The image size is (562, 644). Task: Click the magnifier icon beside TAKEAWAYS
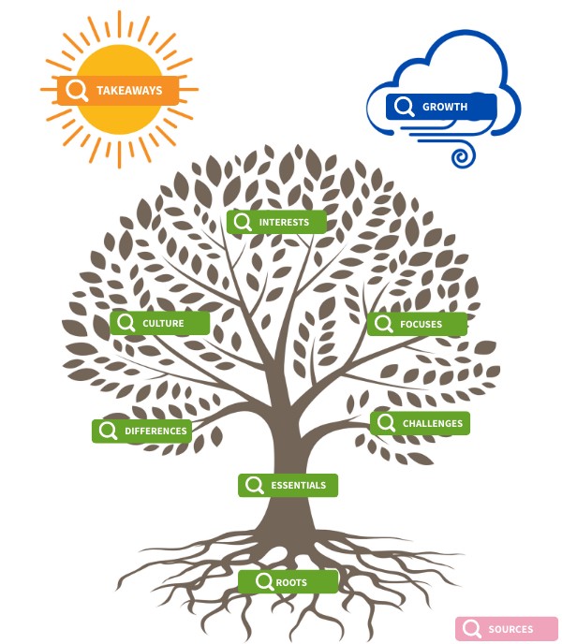click(77, 91)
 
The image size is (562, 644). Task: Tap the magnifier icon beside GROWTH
click(404, 107)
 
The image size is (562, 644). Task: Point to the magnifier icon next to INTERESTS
click(243, 222)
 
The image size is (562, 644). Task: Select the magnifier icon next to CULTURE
click(126, 323)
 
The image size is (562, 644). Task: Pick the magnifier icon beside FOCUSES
click(382, 325)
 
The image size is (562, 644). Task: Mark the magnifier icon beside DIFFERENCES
click(108, 431)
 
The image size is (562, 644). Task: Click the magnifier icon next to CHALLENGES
click(386, 423)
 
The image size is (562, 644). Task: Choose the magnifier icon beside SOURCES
click(471, 629)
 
